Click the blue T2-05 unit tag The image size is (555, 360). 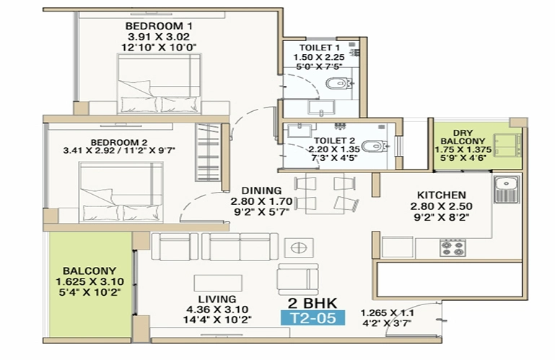(313, 318)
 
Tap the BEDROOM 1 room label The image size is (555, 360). (159, 26)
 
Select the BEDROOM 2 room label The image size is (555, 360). (118, 142)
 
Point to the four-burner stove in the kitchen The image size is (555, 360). (453, 247)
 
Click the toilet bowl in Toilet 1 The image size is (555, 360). (338, 84)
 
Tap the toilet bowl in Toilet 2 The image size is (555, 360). (375, 146)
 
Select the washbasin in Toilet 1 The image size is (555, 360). (321, 107)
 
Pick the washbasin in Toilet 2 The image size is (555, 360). (299, 131)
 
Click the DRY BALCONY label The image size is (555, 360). (463, 137)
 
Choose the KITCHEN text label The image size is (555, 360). (442, 195)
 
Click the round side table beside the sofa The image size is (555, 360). (299, 248)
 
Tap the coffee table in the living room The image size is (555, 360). (218, 284)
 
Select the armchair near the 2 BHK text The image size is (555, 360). (298, 279)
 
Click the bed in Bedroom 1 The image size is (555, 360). (159, 84)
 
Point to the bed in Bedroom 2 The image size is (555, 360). (121, 192)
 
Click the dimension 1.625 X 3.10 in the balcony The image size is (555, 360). (89, 282)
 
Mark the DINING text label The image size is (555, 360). (261, 190)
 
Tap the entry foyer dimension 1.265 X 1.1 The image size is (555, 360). (388, 313)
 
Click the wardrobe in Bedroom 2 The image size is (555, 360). (208, 152)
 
